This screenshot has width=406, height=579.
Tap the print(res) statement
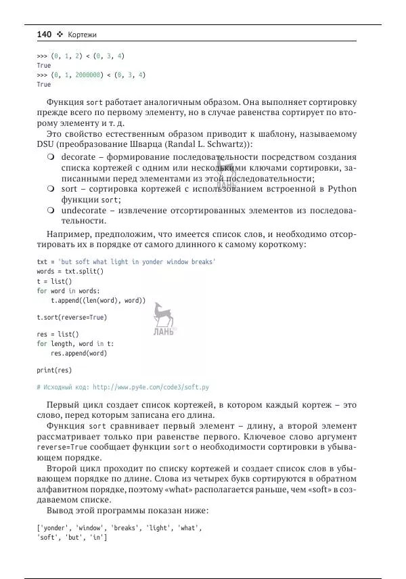click(54, 370)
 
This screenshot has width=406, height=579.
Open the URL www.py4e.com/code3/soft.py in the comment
click(150, 387)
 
